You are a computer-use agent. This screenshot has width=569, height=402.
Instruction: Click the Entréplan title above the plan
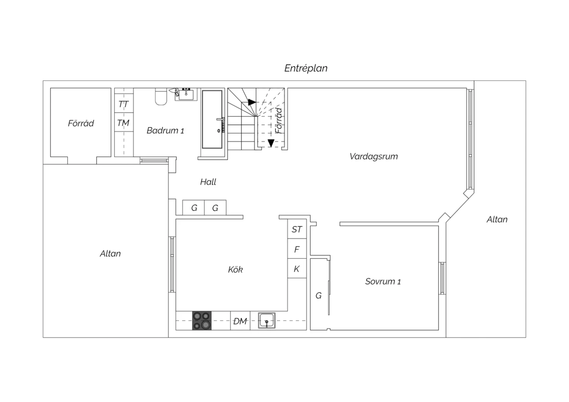point(306,68)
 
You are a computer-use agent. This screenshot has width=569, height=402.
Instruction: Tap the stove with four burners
point(202,320)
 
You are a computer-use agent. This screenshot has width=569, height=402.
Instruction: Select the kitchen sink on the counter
point(267,320)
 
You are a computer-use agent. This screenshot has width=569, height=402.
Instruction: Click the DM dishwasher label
point(240,321)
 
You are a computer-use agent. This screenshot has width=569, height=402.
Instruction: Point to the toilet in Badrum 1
point(161,96)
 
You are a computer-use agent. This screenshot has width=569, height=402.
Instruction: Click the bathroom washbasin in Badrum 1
point(186,94)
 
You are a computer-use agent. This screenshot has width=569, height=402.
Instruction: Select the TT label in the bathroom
point(124,104)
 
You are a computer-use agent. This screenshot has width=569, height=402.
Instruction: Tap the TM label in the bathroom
point(123,123)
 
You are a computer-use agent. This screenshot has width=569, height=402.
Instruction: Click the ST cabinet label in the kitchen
point(297,229)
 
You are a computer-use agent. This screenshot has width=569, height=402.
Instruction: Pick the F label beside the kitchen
point(297,250)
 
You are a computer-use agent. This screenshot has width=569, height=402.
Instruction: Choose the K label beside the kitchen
point(296,269)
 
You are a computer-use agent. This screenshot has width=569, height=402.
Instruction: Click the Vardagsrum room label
point(374,157)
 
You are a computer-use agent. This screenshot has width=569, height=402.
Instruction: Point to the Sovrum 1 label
point(383,281)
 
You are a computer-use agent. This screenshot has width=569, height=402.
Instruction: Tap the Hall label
point(208,182)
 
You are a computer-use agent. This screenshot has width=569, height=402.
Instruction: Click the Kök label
point(235,269)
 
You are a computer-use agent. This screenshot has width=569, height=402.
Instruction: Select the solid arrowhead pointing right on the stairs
point(252,102)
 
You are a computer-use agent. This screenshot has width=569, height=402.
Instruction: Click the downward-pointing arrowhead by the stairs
point(271,143)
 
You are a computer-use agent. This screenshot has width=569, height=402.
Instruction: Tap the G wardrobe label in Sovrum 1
point(319,295)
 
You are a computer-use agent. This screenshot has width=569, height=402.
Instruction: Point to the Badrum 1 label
point(165,130)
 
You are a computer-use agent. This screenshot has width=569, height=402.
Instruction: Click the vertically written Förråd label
point(279,121)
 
